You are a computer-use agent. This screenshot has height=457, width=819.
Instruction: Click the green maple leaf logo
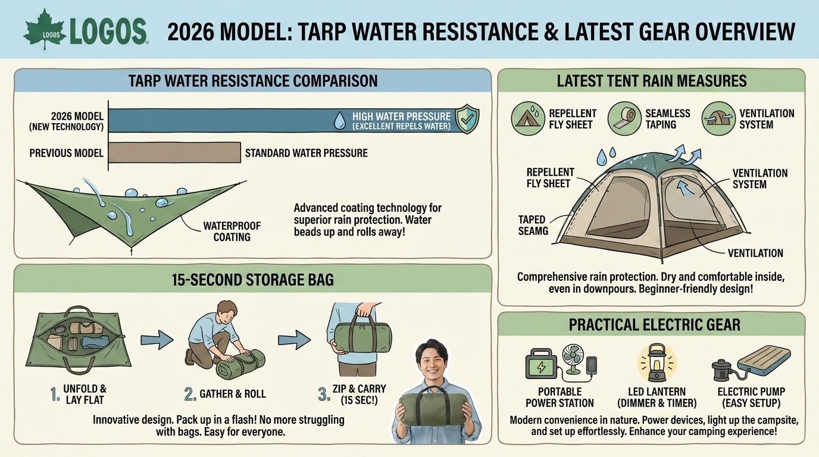(45, 30)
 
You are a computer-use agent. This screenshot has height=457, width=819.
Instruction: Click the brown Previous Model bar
(175, 152)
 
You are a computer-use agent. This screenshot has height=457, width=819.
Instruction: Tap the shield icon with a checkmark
(467, 118)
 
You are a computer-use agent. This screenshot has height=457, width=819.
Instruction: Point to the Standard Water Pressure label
(307, 153)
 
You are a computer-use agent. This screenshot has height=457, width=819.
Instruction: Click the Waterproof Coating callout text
(232, 231)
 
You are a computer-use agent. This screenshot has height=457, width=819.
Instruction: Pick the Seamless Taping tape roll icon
(624, 118)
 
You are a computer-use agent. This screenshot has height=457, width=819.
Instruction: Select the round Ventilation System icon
(718, 118)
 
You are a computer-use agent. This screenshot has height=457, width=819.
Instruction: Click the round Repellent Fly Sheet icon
(528, 118)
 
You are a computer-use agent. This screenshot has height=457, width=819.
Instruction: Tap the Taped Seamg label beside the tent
(533, 225)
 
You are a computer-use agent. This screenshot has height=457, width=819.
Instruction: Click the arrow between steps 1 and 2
(157, 340)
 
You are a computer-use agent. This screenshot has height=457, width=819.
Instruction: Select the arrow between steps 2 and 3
(294, 340)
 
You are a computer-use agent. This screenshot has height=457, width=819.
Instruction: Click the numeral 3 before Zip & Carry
(323, 394)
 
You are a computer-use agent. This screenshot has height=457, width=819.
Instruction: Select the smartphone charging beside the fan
(591, 365)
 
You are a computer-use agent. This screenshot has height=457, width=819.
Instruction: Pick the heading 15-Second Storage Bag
(252, 280)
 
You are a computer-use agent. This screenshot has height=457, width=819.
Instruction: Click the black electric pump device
(722, 370)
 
